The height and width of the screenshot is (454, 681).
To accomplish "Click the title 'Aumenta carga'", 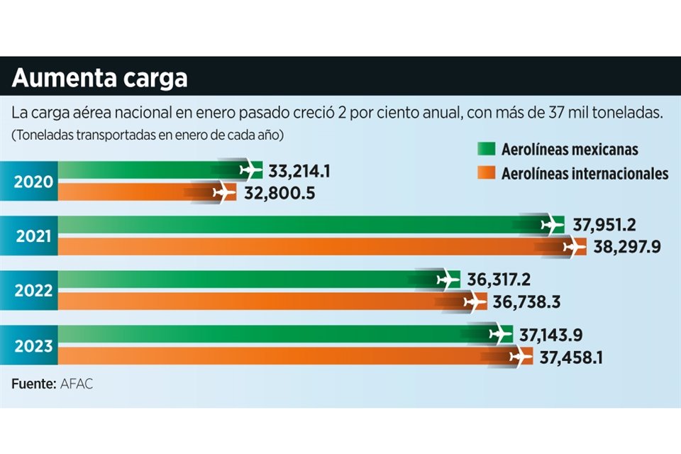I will point(99,77).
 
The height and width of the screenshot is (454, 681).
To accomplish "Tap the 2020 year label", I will point(33,182).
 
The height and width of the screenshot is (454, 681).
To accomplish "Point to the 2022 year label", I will point(33,291).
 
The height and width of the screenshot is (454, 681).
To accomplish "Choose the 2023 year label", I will point(33,346).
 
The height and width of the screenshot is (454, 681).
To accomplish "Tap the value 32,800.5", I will point(275,192).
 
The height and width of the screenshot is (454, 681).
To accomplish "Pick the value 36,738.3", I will point(526,303).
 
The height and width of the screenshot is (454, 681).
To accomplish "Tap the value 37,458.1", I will point(571,358).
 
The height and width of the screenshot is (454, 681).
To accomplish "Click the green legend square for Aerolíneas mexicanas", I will point(485,150).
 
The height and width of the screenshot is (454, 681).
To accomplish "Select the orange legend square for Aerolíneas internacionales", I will point(485,172).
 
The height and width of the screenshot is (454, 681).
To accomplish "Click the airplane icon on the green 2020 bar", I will point(250,171).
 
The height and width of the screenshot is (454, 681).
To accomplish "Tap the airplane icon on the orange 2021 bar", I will point(574,248).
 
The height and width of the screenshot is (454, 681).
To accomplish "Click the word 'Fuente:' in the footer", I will point(33,384).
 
